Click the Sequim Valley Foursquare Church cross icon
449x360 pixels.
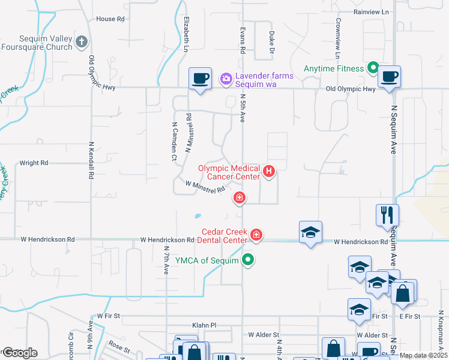click(x=82, y=42)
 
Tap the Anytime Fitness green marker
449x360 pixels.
click(x=373, y=68)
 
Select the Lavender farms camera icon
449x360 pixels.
click(x=226, y=77)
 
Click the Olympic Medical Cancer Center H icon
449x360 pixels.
click(x=269, y=173)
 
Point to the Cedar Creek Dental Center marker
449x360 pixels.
click(x=256, y=234)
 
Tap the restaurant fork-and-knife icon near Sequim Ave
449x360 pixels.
click(x=387, y=215)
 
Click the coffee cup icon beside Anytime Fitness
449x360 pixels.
click(x=389, y=77)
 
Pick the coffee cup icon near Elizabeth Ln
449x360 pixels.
click(x=200, y=78)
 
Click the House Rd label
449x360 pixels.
click(x=110, y=19)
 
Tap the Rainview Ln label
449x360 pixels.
click(x=372, y=11)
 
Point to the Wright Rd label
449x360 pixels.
click(x=34, y=163)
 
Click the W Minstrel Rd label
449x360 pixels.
click(x=205, y=187)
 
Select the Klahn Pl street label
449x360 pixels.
click(x=203, y=325)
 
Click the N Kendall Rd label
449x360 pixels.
click(x=92, y=161)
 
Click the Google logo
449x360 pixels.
click(x=20, y=353)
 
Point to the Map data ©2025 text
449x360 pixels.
click(x=423, y=355)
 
